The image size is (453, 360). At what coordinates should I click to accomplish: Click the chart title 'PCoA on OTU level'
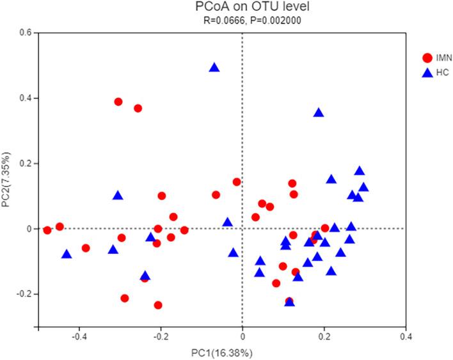[242, 8]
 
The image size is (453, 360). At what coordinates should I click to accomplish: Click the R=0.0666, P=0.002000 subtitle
[242, 20]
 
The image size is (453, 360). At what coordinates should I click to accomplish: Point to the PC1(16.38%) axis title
[242, 352]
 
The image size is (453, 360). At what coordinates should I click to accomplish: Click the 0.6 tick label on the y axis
[26, 33]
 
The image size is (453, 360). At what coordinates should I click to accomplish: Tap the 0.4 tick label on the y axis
[26, 98]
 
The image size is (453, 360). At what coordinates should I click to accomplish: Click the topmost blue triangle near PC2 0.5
[214, 67]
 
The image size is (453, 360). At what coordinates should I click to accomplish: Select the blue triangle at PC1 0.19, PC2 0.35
[319, 113]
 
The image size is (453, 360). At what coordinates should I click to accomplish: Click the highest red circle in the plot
[118, 102]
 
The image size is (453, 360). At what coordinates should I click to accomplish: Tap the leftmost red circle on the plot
[47, 230]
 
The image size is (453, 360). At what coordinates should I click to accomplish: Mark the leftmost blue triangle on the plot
[67, 254]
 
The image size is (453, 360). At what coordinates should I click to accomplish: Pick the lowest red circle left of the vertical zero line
[158, 305]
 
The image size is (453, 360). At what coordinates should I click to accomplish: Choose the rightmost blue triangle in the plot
[363, 187]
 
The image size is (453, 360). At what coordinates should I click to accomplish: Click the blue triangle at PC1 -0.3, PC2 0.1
[118, 195]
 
